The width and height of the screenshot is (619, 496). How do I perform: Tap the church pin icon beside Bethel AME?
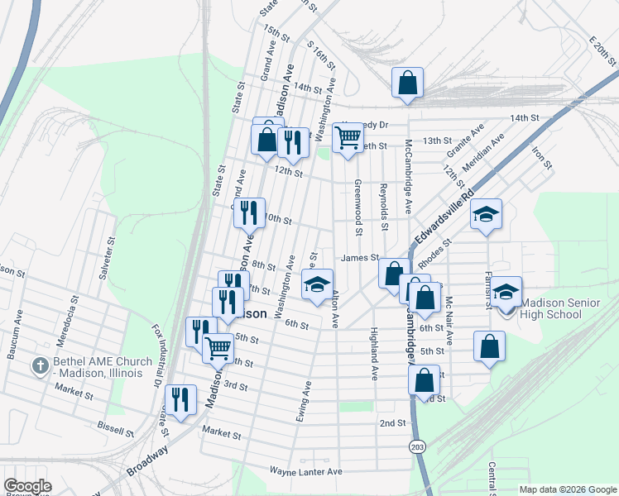[x=40, y=365]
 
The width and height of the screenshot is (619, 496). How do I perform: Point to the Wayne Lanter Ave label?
[x=305, y=471]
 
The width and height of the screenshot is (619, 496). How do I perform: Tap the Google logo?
[x=27, y=486]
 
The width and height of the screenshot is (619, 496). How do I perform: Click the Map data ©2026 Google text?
[x=567, y=489]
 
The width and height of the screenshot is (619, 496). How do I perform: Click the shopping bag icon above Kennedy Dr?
[x=407, y=83]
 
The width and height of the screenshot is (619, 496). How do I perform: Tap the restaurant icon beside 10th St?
[x=248, y=213]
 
